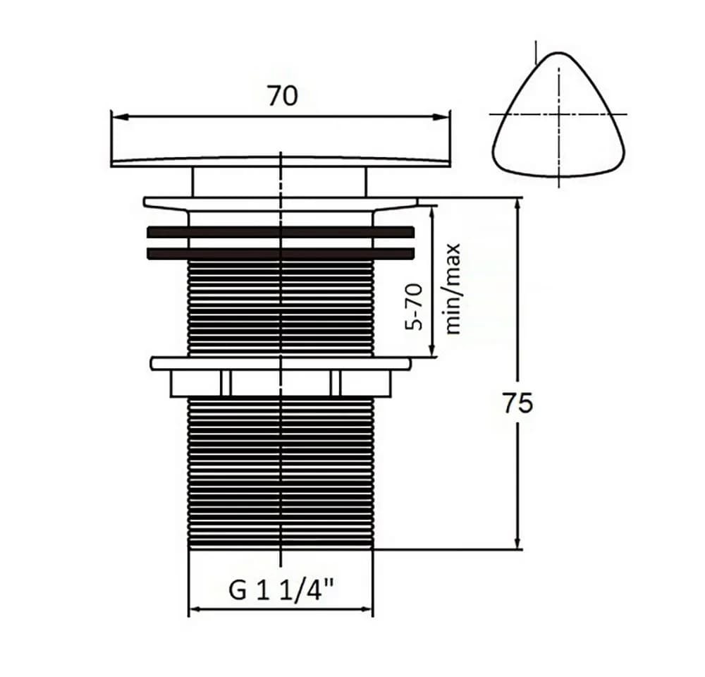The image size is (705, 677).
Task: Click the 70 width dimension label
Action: click(x=283, y=96)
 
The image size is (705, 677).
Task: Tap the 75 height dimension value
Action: click(x=517, y=403)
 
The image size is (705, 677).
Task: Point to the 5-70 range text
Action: click(x=414, y=306)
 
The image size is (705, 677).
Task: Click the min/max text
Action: click(x=453, y=289)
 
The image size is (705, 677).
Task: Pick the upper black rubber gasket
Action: click(x=281, y=232)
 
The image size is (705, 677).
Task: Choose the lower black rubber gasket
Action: click(x=281, y=253)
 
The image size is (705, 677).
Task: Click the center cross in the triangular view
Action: click(x=559, y=114)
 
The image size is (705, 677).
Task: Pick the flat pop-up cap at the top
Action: click(x=281, y=162)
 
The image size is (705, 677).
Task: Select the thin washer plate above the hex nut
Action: click(x=281, y=363)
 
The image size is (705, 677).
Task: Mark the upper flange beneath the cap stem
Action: click(x=281, y=203)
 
